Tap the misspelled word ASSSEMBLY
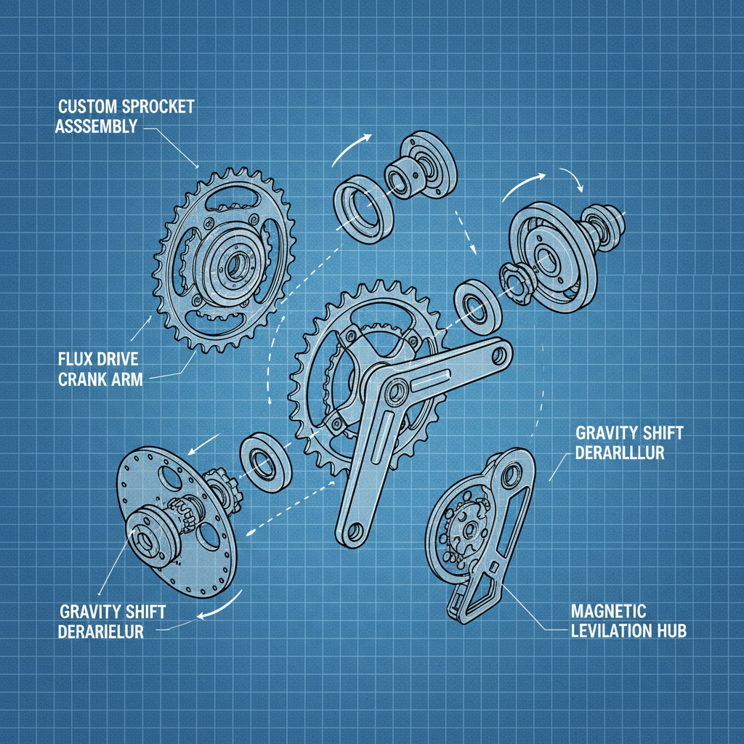[97, 126]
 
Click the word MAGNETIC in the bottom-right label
[608, 610]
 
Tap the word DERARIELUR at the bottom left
[101, 631]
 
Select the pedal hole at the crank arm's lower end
[354, 534]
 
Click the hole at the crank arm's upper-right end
[498, 355]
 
